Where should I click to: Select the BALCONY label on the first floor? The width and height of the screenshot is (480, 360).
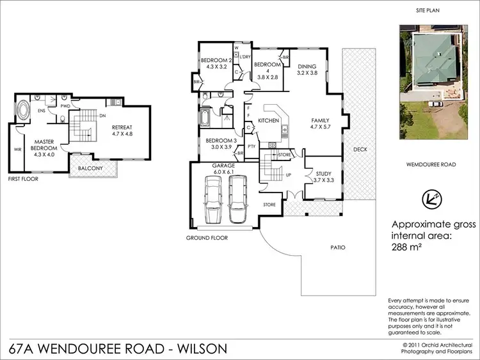[92, 169]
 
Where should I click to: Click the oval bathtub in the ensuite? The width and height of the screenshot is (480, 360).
[22, 109]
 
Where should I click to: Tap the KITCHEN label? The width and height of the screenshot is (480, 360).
[268, 121]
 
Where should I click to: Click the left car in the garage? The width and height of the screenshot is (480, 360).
[212, 198]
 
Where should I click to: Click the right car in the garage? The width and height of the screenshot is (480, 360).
[237, 198]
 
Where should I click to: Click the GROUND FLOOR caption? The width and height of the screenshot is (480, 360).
[207, 238]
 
